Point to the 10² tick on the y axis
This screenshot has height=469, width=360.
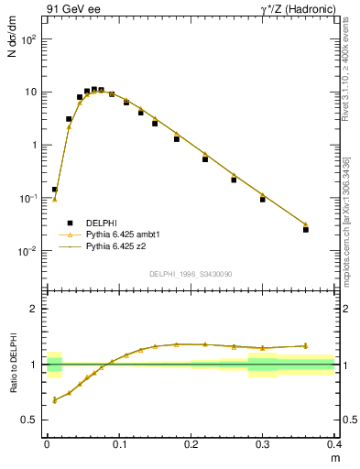29,39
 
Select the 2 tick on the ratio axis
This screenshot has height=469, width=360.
34,309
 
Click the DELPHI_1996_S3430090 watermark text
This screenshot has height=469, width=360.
191,274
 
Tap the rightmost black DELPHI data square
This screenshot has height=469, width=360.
306,229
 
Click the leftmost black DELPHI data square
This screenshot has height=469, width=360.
54,189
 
